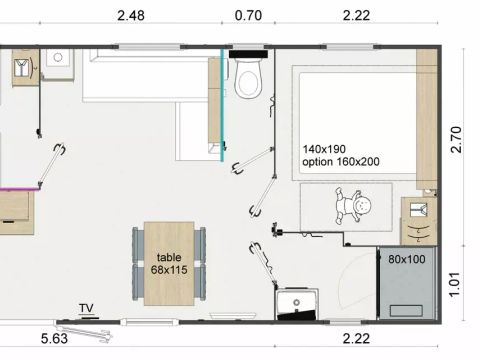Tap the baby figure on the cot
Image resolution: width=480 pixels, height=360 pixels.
[x=355, y=208]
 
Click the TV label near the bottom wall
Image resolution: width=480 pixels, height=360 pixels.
[x=86, y=308]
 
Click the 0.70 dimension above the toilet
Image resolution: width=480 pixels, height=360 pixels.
[x=248, y=16]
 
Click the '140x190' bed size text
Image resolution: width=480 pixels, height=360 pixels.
[x=325, y=148]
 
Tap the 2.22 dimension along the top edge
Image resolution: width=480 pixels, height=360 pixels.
[x=358, y=16]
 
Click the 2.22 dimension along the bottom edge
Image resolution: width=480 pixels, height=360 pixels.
[x=358, y=338]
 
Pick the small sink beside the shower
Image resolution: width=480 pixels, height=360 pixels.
[x=297, y=302]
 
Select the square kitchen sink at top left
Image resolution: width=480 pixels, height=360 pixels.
[x=54, y=62]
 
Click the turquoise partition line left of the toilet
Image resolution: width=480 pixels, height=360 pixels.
[x=222, y=100]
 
